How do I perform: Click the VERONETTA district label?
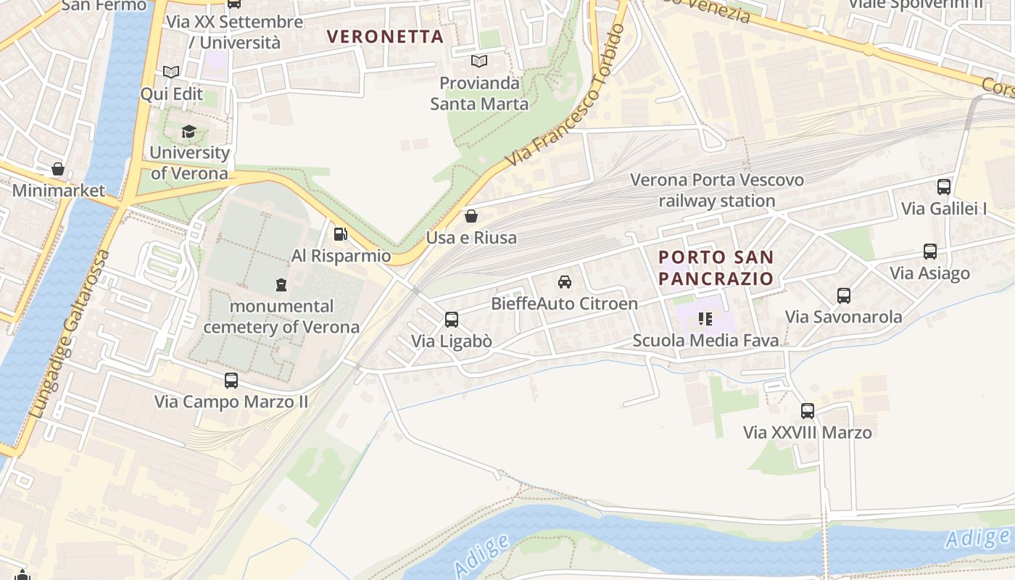click(384, 36)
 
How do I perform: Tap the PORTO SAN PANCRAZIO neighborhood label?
click(716, 268)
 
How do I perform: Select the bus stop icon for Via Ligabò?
click(451, 319)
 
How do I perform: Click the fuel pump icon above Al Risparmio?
click(340, 233)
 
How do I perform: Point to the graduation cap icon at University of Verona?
click(188, 131)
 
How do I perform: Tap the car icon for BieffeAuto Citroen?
click(564, 282)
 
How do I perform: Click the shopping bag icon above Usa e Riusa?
click(471, 215)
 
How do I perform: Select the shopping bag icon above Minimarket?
click(58, 169)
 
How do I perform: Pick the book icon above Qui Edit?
click(171, 72)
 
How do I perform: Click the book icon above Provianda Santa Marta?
click(478, 61)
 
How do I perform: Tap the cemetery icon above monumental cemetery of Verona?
click(281, 284)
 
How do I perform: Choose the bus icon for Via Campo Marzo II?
click(231, 380)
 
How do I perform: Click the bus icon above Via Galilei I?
click(944, 186)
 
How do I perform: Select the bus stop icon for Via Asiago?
click(929, 252)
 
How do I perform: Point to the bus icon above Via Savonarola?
click(844, 295)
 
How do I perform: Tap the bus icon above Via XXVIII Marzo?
click(808, 411)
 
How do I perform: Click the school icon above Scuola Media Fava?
click(705, 318)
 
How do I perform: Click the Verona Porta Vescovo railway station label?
click(716, 190)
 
